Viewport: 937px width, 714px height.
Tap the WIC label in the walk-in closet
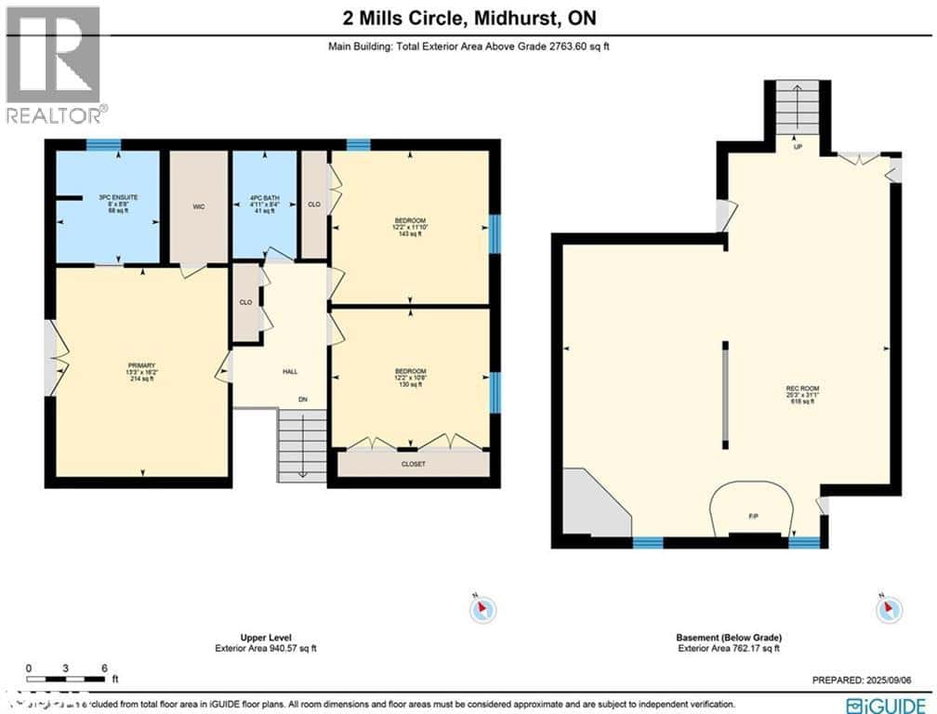198,206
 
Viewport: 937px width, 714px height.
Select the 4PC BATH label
265,197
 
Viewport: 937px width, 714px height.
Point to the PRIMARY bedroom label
141,365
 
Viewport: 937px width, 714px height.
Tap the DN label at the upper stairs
302,401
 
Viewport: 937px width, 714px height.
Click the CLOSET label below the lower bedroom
414,463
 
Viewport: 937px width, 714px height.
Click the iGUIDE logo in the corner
886,703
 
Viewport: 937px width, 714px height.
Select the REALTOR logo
54,65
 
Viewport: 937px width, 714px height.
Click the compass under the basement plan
888,610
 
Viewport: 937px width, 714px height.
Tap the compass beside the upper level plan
482,610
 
